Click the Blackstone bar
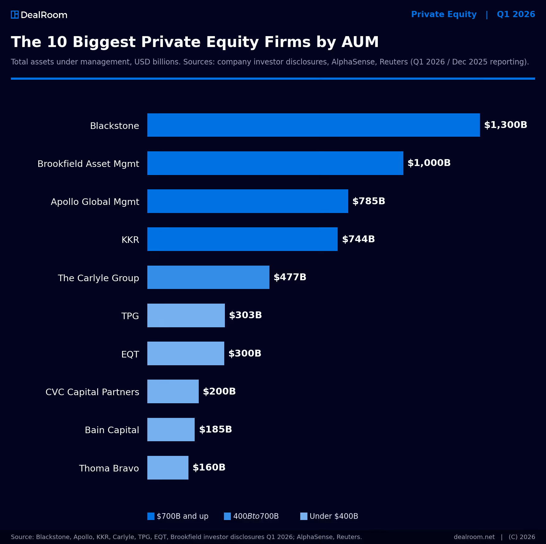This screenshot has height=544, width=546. pyautogui.click(x=314, y=125)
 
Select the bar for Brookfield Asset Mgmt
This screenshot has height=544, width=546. pyautogui.click(x=275, y=163)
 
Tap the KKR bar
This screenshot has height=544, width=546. pyautogui.click(x=242, y=239)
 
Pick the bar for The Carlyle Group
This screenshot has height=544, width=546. pyautogui.click(x=208, y=277)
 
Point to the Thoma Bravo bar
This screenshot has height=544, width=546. pyautogui.click(x=168, y=468)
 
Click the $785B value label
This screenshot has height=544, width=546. pyautogui.click(x=369, y=201)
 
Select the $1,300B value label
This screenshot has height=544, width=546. pyautogui.click(x=506, y=125)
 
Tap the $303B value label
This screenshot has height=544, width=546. pyautogui.click(x=245, y=315)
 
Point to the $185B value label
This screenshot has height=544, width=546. pyautogui.click(x=216, y=429)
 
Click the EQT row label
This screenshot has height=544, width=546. pyautogui.click(x=130, y=354)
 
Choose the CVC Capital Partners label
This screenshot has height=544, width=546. pyautogui.click(x=92, y=392)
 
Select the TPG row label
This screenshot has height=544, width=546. pyautogui.click(x=130, y=316)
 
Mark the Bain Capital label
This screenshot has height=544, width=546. pyautogui.click(x=112, y=430)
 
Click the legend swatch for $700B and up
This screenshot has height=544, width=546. pyautogui.click(x=151, y=516)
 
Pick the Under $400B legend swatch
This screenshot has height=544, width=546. pyautogui.click(x=304, y=516)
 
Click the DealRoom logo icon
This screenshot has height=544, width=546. pyautogui.click(x=15, y=15)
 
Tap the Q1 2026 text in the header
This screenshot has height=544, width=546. pyautogui.click(x=516, y=14)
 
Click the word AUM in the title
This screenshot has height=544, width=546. pyautogui.click(x=360, y=42)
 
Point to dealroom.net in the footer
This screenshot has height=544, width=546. pyautogui.click(x=474, y=537)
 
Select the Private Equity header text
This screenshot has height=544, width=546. pyautogui.click(x=444, y=15)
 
